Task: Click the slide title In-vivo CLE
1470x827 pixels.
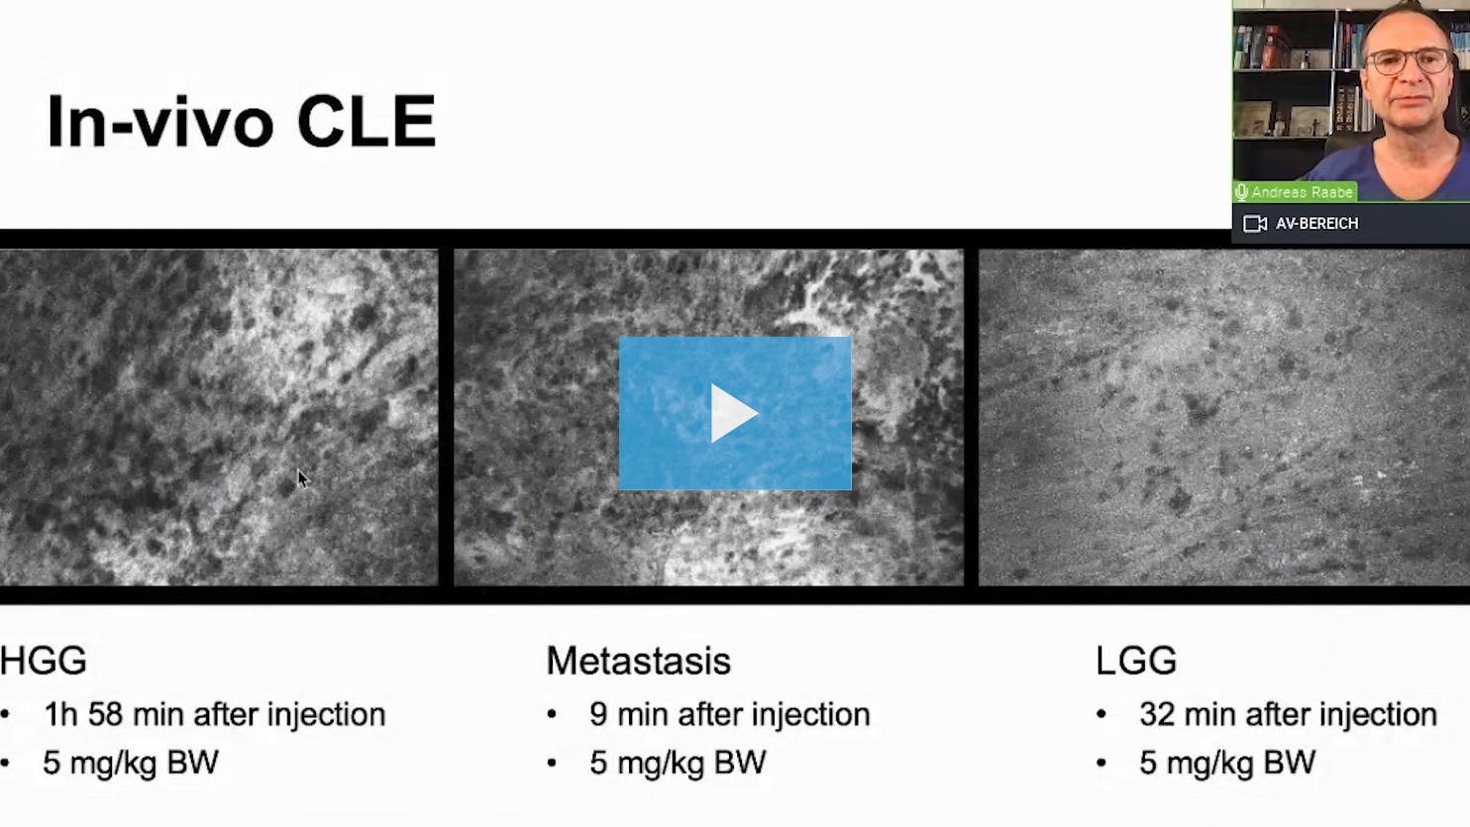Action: [x=242, y=122]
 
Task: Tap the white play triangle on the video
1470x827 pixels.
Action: [x=734, y=414]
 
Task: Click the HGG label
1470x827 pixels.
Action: [x=44, y=661]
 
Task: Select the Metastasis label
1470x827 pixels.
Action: [x=638, y=661]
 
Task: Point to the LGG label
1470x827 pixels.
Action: [x=1136, y=661]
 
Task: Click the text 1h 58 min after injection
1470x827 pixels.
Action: [x=215, y=714]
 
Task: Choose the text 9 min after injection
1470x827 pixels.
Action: [x=730, y=714]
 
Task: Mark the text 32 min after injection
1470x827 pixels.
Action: [x=1288, y=714]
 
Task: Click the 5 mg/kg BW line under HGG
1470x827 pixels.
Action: [x=131, y=763]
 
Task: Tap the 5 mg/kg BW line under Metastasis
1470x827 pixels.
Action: [x=678, y=763]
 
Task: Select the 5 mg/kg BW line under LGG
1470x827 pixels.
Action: [x=1227, y=763]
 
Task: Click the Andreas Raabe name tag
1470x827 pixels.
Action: [x=1295, y=192]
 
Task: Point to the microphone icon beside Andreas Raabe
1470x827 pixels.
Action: [x=1241, y=192]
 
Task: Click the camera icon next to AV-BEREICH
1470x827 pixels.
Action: [x=1255, y=224]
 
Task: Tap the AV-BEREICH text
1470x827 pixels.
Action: [x=1317, y=224]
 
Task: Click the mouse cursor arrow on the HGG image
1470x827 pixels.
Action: [x=302, y=478]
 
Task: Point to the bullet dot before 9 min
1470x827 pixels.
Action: [x=551, y=715]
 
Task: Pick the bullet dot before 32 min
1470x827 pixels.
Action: [x=1102, y=715]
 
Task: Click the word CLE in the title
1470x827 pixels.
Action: [x=367, y=122]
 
